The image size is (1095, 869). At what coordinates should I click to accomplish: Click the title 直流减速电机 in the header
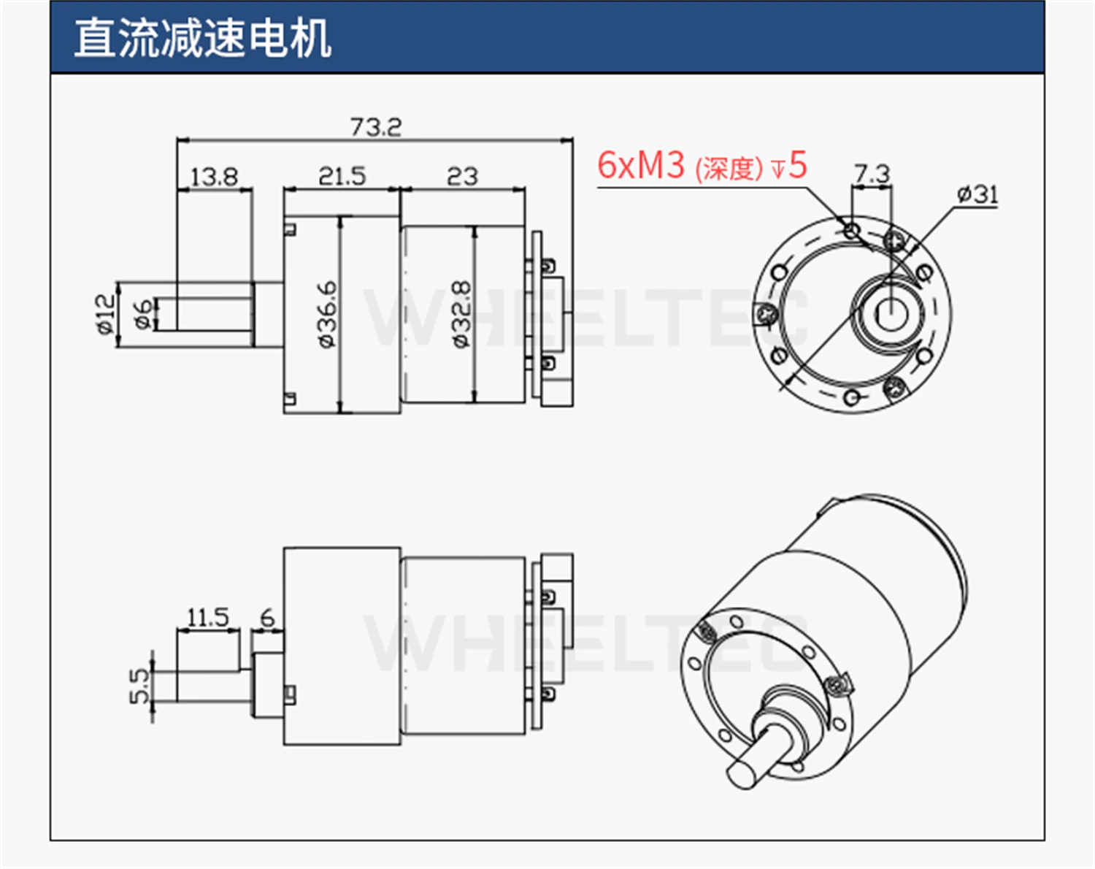coord(203,38)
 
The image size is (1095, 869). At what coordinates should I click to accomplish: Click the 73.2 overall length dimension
coord(376,127)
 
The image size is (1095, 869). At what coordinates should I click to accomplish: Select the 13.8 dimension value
coord(214,177)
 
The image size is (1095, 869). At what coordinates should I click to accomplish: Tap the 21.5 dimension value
coord(342,176)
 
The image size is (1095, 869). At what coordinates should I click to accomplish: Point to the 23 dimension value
coord(463,177)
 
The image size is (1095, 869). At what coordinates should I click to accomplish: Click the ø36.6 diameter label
coord(328,314)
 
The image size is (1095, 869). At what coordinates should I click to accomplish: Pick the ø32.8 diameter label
coord(462,315)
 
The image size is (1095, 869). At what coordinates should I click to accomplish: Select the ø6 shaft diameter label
coord(143,315)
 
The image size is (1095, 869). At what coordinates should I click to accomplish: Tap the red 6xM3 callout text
coord(641,165)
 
